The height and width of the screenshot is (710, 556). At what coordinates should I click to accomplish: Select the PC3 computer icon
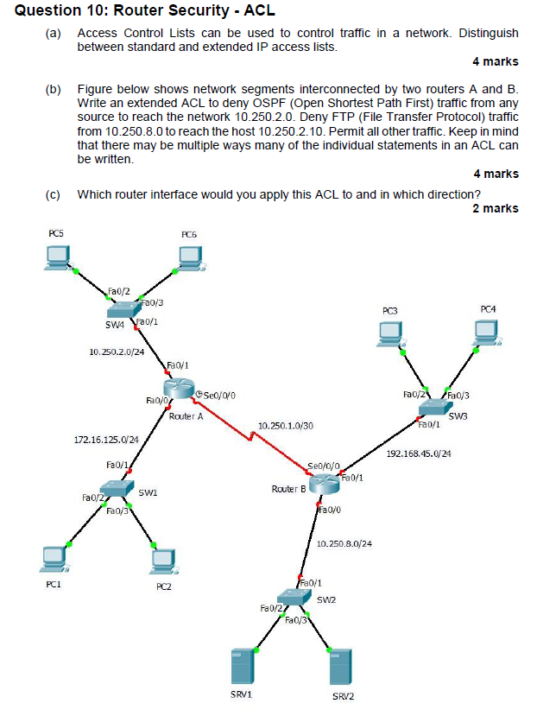coord(390,334)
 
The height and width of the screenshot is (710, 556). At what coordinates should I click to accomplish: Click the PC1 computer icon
coord(54,559)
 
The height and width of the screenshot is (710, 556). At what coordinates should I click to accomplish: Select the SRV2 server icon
coord(341,668)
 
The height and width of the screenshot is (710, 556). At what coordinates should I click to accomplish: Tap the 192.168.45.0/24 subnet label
coord(419,453)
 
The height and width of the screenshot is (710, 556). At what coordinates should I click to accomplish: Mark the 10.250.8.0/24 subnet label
coord(344,543)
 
